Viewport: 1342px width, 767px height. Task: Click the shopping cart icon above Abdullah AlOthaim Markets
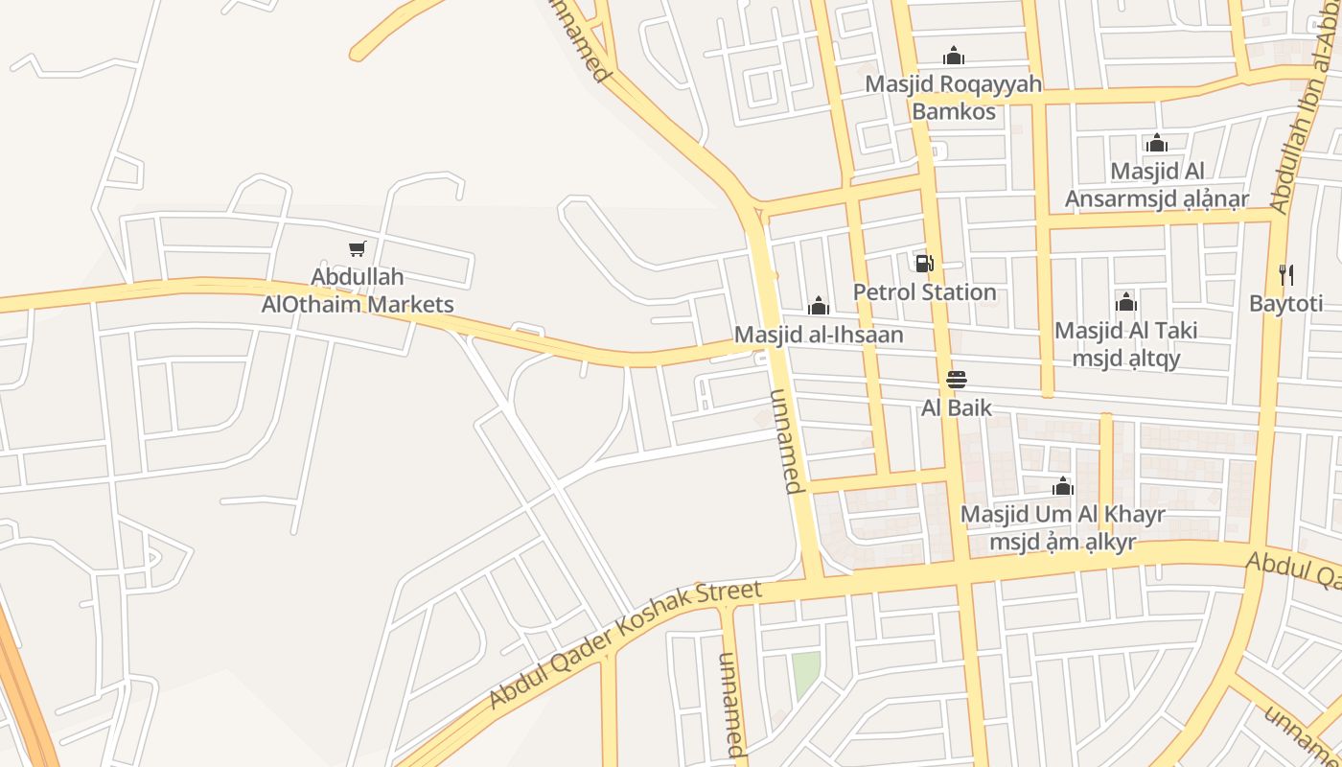358,249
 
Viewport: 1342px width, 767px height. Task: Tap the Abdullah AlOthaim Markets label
358,291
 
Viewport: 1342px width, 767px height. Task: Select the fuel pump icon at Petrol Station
924,264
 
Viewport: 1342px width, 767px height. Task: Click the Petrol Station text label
924,292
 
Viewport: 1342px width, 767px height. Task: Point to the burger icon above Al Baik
956,379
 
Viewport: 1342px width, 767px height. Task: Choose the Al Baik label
956,408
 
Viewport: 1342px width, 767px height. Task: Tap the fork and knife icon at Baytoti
1286,275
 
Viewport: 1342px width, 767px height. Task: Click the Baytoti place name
1285,304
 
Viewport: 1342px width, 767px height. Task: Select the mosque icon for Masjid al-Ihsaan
819,306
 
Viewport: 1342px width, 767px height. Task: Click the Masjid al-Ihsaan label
819,335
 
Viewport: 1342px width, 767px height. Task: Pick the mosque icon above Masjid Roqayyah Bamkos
953,56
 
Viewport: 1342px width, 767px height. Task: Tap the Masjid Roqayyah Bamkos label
953,98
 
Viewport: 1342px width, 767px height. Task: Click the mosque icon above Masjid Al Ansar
1157,143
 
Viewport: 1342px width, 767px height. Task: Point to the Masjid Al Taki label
1126,344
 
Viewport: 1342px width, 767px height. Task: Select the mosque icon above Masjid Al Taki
1126,303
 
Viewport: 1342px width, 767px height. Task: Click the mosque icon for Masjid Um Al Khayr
1062,486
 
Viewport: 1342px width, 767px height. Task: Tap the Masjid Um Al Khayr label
1062,527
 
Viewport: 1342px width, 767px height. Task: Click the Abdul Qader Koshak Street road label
625,644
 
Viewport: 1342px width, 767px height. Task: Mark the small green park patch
806,673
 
